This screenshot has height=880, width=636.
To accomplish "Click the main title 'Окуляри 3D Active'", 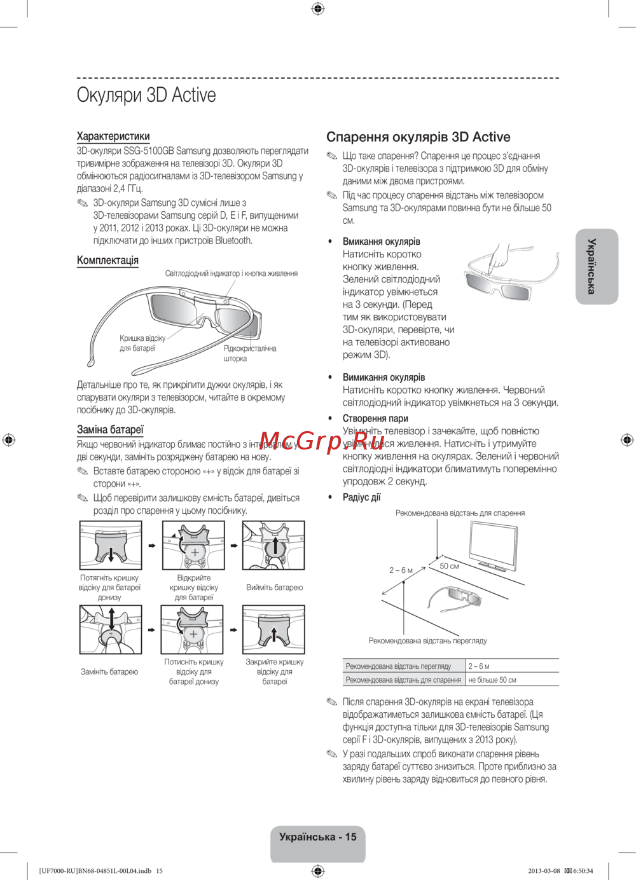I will click(146, 95).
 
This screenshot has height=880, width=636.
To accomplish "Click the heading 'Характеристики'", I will click(113, 136).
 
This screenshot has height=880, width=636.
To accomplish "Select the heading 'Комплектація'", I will click(107, 260).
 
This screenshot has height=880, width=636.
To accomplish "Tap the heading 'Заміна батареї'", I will click(110, 429).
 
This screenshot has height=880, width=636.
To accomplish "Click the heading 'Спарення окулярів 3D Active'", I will click(418, 137).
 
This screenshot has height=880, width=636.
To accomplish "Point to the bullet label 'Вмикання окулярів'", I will click(381, 242).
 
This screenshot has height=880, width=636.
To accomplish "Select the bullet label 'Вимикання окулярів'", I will click(384, 377).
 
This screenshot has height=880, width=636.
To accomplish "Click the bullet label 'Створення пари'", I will click(375, 418).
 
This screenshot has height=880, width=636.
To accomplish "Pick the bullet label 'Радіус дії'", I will click(361, 497).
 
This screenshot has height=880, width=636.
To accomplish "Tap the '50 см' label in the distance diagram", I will click(449, 566).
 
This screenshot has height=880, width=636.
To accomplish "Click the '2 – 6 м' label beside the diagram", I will click(401, 570).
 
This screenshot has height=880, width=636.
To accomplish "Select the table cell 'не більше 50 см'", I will click(492, 680).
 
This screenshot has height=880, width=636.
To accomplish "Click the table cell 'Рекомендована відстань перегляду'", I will click(398, 666).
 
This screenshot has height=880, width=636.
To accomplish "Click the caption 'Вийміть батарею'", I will click(274, 588).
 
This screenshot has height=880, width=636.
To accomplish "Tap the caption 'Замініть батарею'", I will click(109, 671).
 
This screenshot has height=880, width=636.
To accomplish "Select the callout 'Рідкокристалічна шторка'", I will click(249, 354).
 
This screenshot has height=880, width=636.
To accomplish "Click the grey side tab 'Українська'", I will click(596, 266).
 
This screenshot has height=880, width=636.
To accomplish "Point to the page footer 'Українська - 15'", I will click(318, 837).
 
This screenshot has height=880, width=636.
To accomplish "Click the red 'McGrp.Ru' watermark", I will click(313, 441).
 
